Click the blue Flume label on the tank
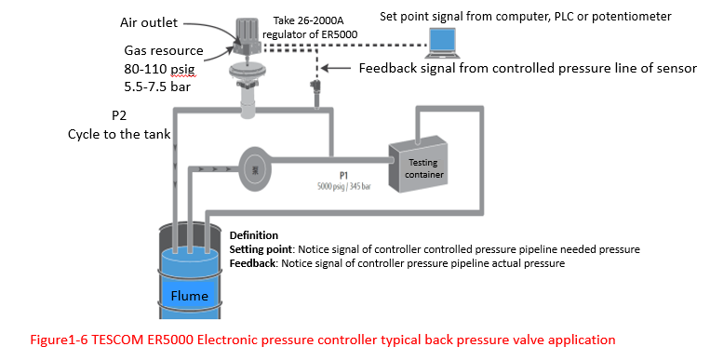(190, 296)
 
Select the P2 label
(119, 116)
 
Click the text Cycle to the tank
(118, 134)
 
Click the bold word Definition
(253, 235)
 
